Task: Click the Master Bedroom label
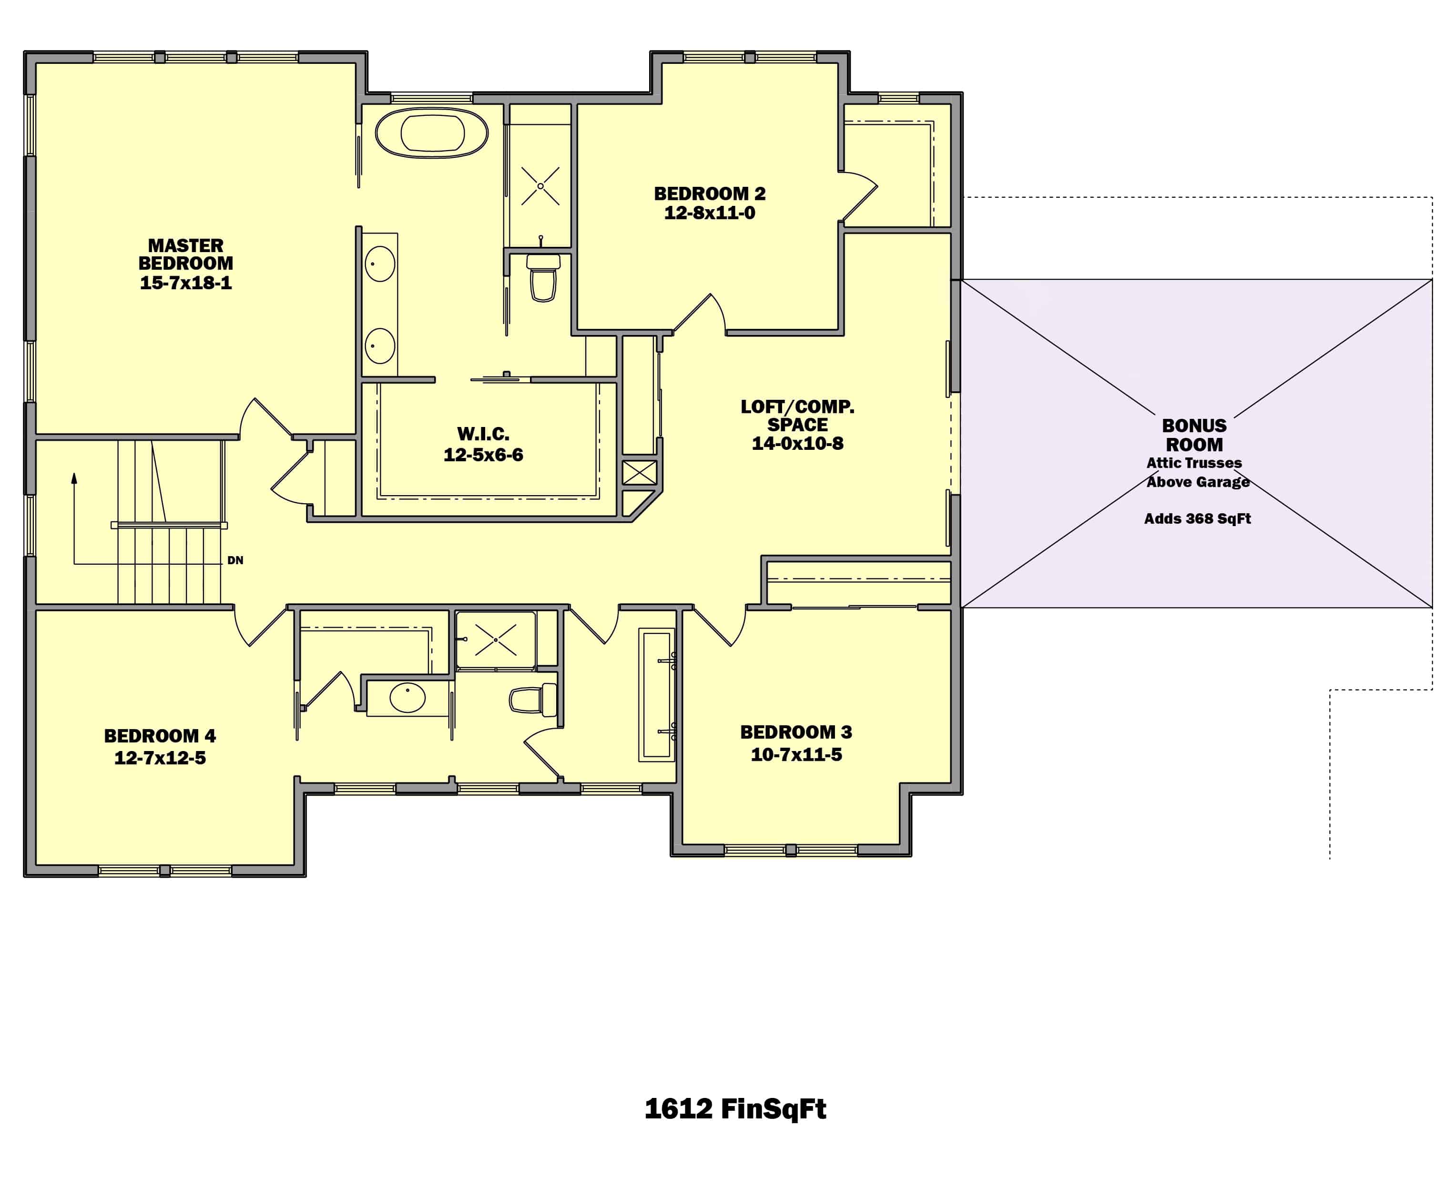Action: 185,263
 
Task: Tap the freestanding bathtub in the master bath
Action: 431,133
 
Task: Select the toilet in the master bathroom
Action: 543,278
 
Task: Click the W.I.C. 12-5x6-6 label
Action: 483,444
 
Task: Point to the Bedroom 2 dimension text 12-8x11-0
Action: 709,213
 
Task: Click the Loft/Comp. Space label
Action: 797,425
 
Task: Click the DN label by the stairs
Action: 235,560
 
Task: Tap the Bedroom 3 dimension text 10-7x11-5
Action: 796,754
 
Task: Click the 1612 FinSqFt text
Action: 735,1109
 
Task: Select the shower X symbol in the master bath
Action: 540,186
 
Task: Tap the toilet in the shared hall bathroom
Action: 533,700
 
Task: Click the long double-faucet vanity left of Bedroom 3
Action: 656,694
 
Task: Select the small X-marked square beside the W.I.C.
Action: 639,472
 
